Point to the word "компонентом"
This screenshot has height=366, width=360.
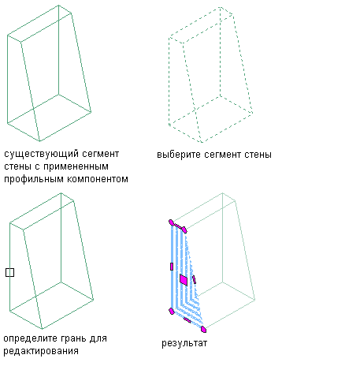click(98, 179)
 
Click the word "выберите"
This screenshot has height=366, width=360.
click(179, 155)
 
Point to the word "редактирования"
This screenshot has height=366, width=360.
click(41, 352)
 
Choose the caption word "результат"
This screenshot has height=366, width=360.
click(184, 344)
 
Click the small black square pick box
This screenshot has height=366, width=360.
click(9, 273)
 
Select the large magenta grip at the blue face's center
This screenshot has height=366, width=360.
click(184, 280)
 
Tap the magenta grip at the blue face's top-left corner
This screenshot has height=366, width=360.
click(171, 222)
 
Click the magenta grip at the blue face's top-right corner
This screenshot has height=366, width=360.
click(184, 230)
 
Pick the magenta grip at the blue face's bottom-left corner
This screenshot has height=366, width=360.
click(172, 312)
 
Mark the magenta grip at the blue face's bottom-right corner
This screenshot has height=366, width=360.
click(203, 329)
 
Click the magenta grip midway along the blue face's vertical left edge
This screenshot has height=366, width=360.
click(172, 267)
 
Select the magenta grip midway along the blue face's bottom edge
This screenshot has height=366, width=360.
click(187, 320)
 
